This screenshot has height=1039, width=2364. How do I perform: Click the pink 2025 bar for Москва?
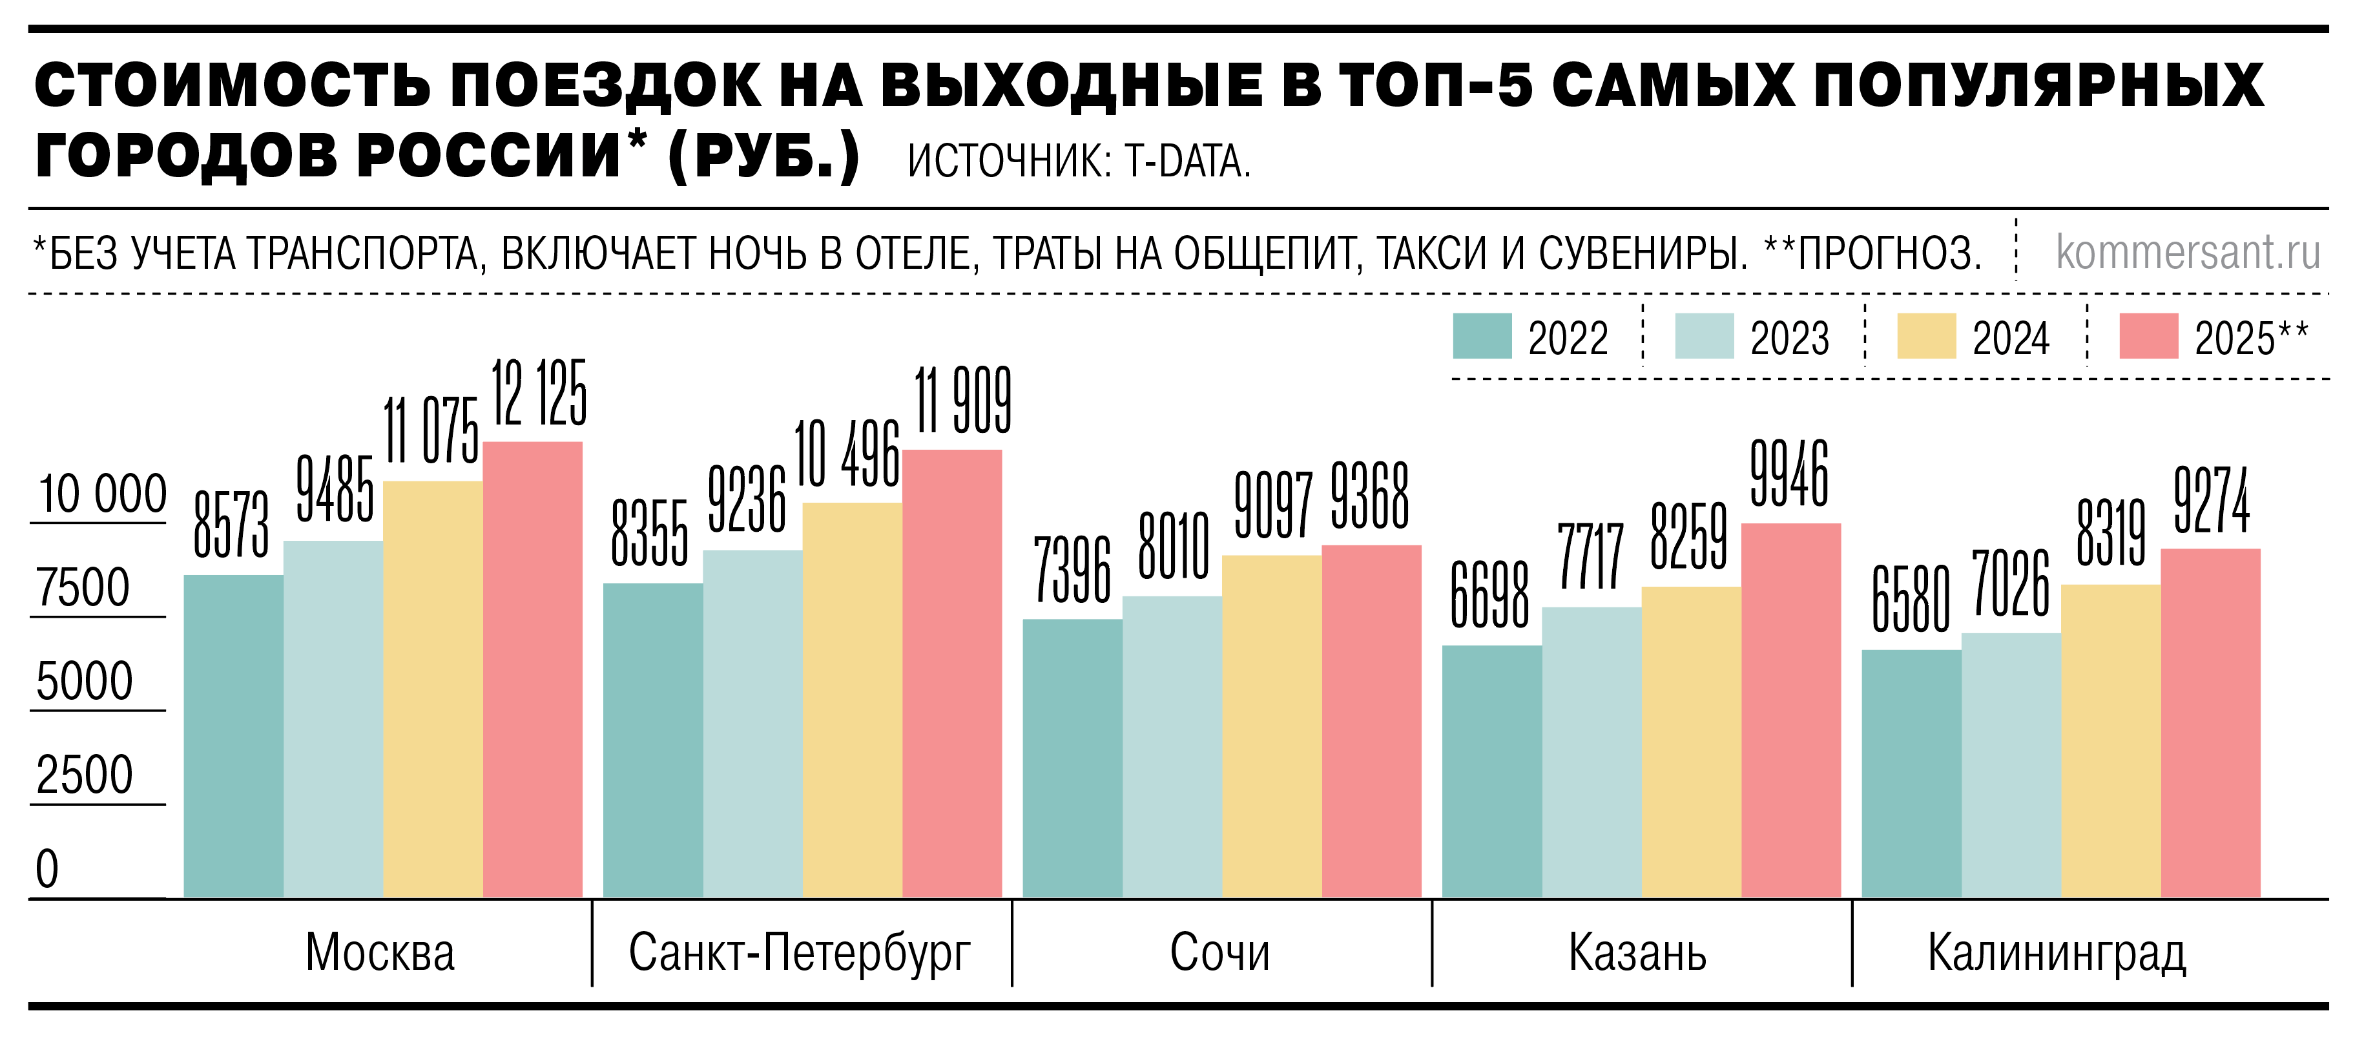(532, 670)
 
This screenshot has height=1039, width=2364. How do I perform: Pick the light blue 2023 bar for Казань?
(1592, 753)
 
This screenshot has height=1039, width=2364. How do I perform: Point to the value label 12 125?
(539, 393)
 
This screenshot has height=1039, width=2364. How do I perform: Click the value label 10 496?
(846, 454)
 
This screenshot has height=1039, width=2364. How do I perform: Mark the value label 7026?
(2011, 583)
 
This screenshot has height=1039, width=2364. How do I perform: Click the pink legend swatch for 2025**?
(2148, 336)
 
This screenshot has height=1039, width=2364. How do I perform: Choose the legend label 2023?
(1790, 339)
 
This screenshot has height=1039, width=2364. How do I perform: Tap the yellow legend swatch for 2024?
(1926, 336)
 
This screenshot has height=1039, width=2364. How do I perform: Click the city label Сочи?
(1219, 952)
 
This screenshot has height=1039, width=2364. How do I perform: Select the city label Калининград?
(2057, 952)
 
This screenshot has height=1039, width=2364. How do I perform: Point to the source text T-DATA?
(1188, 162)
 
